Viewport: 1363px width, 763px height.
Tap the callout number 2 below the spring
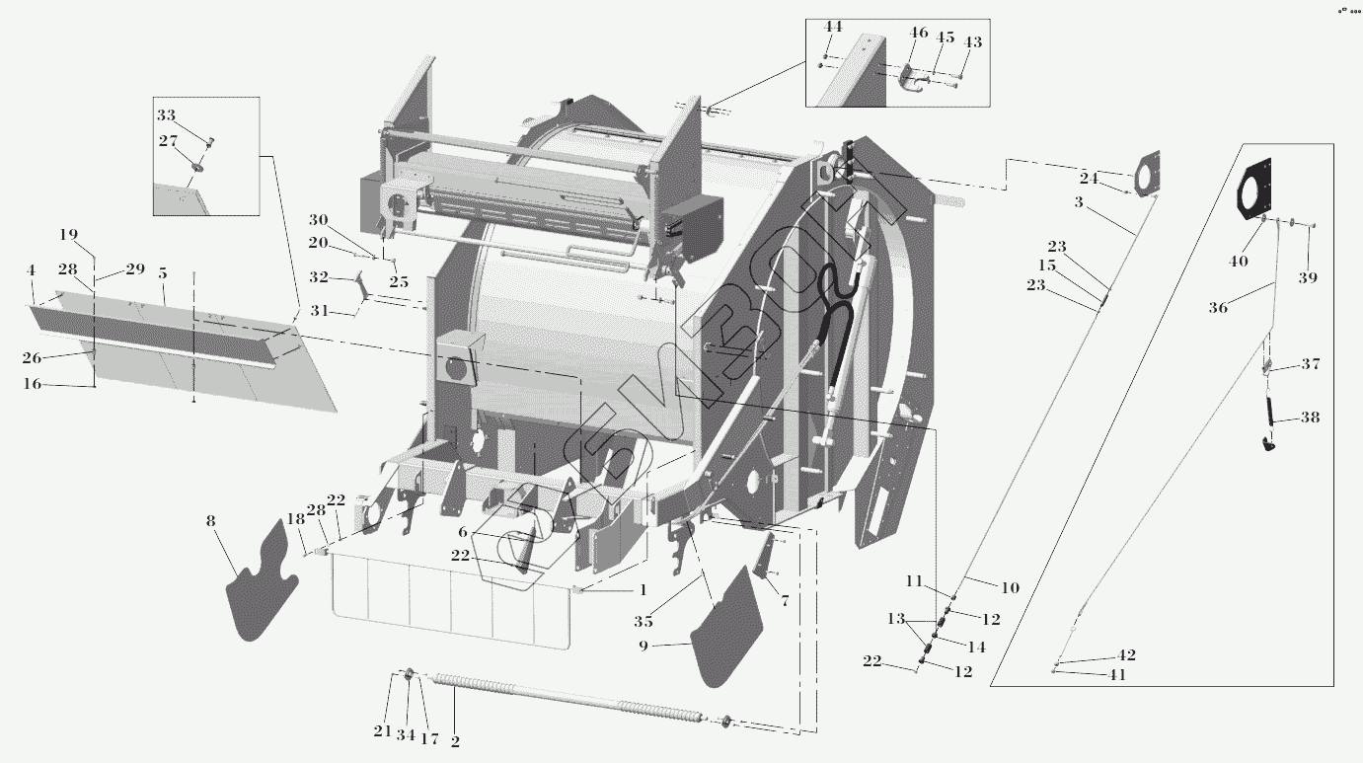click(x=455, y=741)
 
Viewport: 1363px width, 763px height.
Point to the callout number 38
click(x=1310, y=418)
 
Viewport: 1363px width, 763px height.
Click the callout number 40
click(x=1239, y=262)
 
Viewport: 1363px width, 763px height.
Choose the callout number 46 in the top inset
click(x=919, y=34)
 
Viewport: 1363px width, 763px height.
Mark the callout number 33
click(x=166, y=115)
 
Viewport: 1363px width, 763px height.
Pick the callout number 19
click(x=68, y=235)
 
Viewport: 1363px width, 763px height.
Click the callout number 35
click(x=644, y=622)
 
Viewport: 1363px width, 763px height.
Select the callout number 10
click(x=1010, y=588)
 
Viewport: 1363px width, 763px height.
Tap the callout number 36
click(x=1218, y=308)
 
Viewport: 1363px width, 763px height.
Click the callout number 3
click(x=1079, y=202)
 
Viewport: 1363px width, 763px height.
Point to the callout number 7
click(x=785, y=600)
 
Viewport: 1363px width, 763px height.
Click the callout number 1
click(x=643, y=590)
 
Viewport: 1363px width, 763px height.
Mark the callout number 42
click(x=1126, y=655)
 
